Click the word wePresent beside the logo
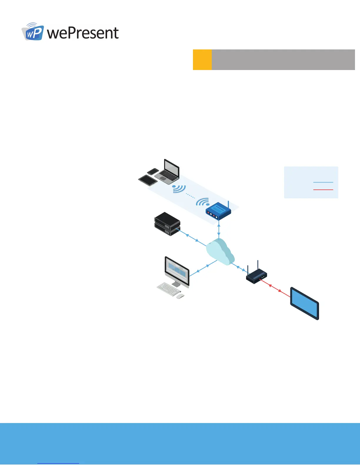pyautogui.click(x=83, y=33)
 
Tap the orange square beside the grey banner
pyautogui.click(x=202, y=60)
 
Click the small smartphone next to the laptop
pyautogui.click(x=153, y=171)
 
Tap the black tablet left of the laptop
pyautogui.click(x=147, y=180)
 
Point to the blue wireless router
pyautogui.click(x=218, y=211)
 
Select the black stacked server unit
pyautogui.click(x=167, y=224)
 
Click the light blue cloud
pyautogui.click(x=220, y=252)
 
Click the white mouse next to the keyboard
pyautogui.click(x=180, y=296)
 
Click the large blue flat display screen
pyautogui.click(x=305, y=303)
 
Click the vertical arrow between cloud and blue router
pyautogui.click(x=219, y=231)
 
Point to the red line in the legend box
pyautogui.click(x=323, y=190)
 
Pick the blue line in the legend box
pyautogui.click(x=323, y=182)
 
